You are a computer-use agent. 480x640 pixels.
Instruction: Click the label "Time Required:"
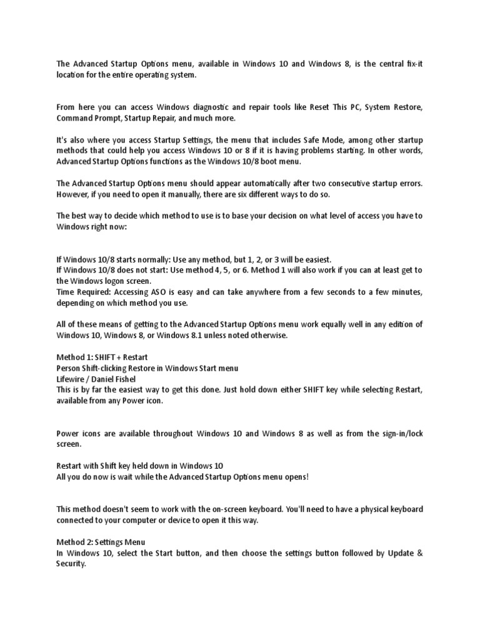pyautogui.click(x=81, y=292)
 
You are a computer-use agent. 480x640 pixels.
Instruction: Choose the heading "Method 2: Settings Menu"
pyautogui.click(x=101, y=541)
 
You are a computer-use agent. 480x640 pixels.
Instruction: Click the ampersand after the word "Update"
pyautogui.click(x=419, y=552)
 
